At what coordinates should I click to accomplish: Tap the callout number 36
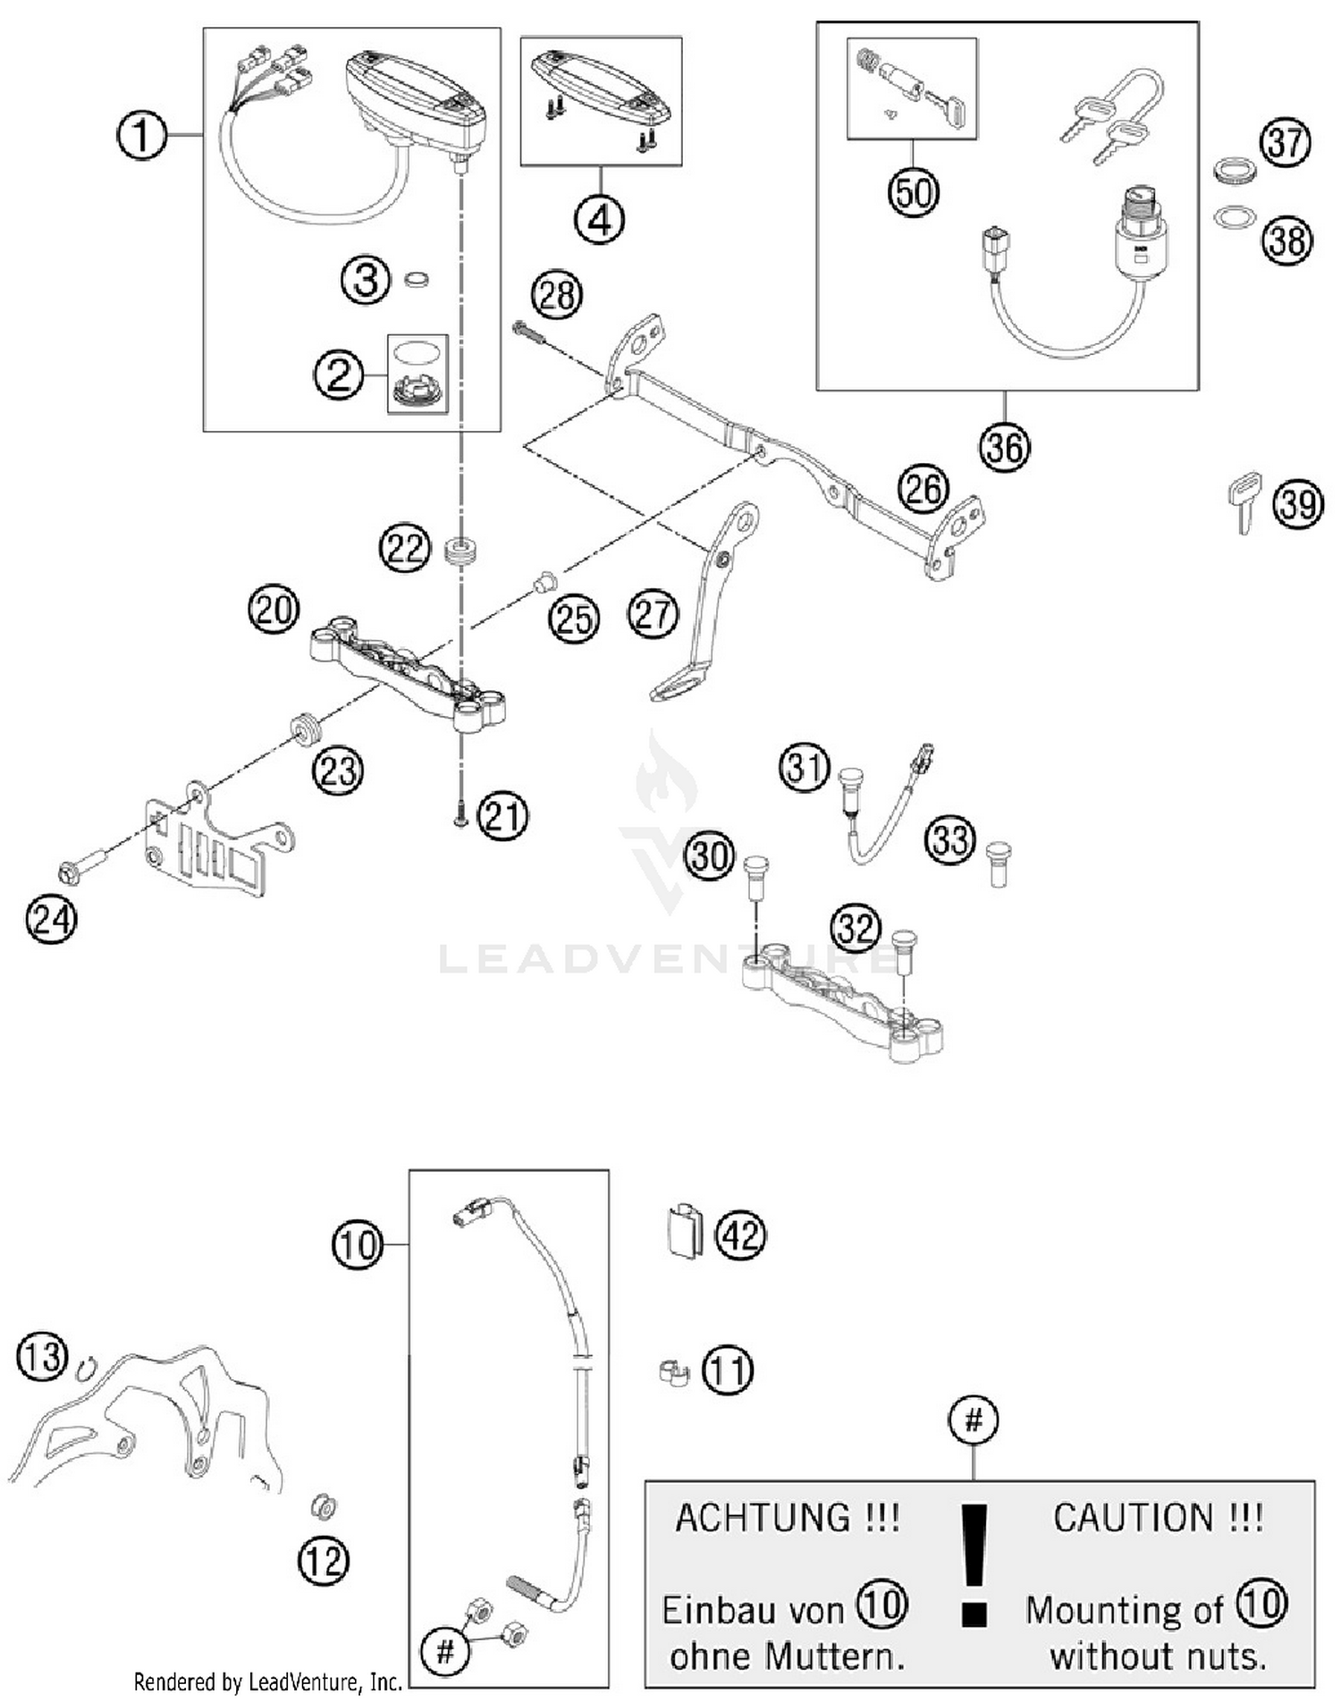point(1004,447)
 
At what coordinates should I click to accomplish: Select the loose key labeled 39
point(1244,501)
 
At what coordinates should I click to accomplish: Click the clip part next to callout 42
point(685,1232)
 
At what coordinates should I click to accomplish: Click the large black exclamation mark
point(974,1563)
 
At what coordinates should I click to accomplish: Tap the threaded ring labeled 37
point(1235,170)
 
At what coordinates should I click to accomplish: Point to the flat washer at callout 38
point(1234,217)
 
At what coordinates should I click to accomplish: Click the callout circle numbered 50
point(913,191)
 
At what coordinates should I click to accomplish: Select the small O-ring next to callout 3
point(416,280)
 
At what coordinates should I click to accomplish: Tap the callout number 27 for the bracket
point(653,615)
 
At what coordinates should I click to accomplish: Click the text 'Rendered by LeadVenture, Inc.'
point(267,1682)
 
